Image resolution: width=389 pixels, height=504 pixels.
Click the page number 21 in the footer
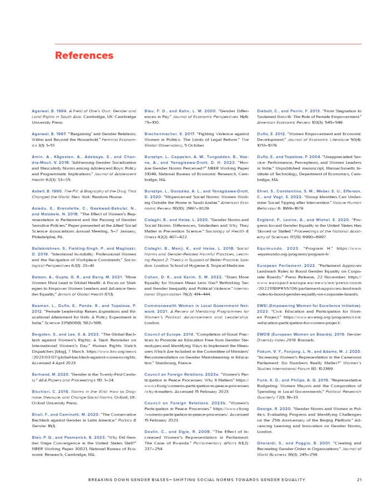(360, 480)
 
